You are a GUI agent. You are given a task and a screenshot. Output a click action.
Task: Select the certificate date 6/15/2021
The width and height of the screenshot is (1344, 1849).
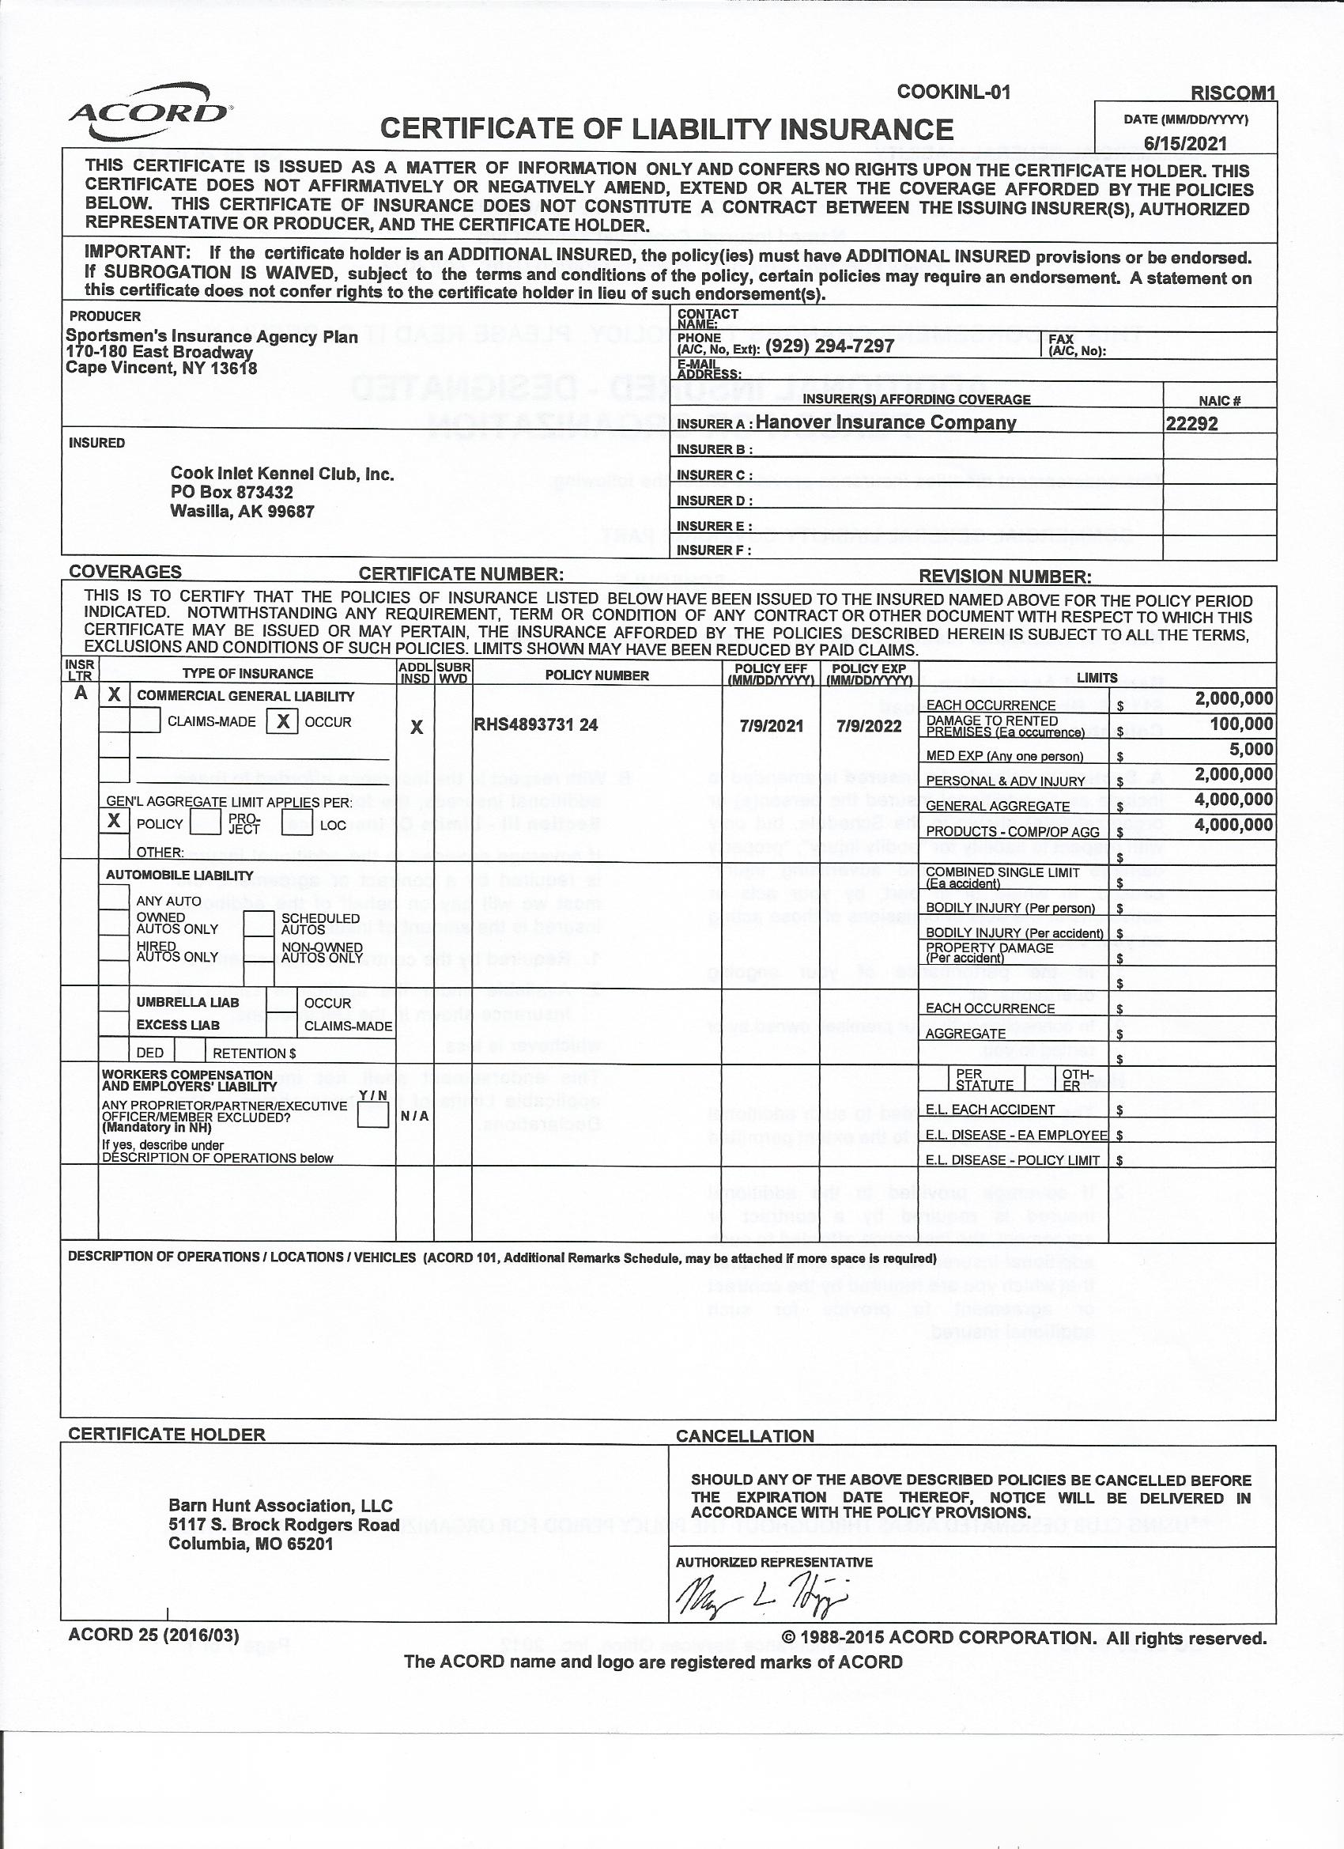click(x=1185, y=143)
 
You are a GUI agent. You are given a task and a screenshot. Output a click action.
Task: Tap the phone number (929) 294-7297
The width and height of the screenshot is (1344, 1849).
click(x=829, y=346)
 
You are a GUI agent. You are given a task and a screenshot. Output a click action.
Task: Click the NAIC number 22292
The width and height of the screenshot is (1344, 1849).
click(x=1191, y=423)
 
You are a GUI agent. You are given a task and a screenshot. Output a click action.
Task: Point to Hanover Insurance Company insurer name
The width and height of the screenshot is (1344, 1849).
click(x=885, y=422)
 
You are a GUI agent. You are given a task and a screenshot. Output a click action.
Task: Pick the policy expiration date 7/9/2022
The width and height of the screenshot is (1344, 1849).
click(x=869, y=725)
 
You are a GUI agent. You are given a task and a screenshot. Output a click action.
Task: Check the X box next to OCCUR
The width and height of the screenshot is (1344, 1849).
click(x=282, y=721)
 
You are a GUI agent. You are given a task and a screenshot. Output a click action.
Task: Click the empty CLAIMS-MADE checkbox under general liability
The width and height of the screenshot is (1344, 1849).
click(x=145, y=720)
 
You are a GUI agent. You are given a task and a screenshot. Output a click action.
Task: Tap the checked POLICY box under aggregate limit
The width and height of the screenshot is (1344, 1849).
click(x=114, y=821)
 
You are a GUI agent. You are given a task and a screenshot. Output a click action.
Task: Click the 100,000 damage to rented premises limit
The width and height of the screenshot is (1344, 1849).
click(x=1240, y=724)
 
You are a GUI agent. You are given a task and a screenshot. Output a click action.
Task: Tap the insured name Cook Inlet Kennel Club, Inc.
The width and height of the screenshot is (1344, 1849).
click(x=282, y=474)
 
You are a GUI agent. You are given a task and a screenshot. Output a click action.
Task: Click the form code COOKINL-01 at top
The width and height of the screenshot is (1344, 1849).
click(x=953, y=92)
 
